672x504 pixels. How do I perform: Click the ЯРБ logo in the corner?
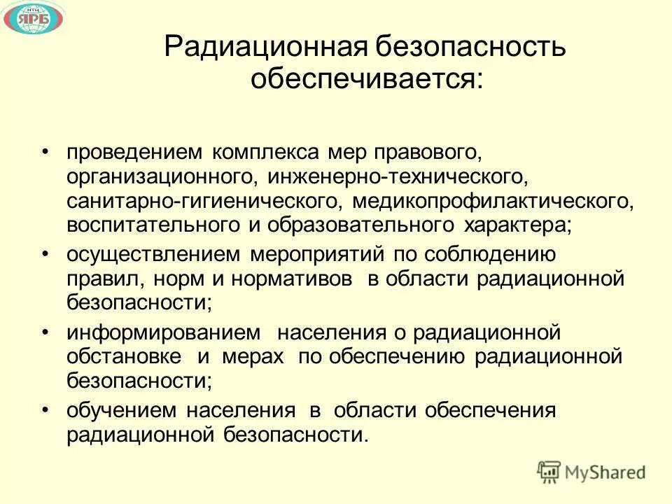[x=33, y=20]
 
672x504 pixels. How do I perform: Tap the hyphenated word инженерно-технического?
[x=395, y=176]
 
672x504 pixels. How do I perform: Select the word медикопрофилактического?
[x=493, y=202]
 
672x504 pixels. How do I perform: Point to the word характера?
[x=516, y=226]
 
